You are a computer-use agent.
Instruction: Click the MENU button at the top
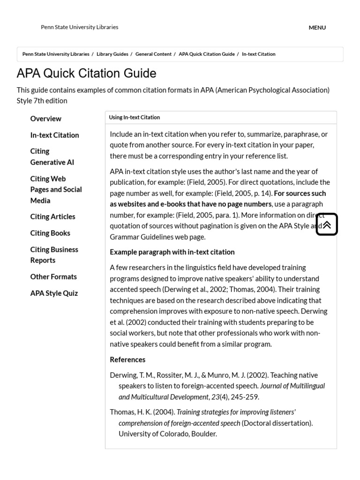pyautogui.click(x=317, y=28)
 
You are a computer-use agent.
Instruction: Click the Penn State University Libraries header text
pyautogui.click(x=79, y=27)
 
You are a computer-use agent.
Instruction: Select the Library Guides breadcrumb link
pyautogui.click(x=112, y=54)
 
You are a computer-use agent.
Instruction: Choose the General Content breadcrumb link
pyautogui.click(x=153, y=54)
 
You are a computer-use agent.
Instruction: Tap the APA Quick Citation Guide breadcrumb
pyautogui.click(x=206, y=54)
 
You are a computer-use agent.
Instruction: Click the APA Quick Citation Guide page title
pyautogui.click(x=86, y=74)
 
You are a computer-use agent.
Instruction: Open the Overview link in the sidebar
pyautogui.click(x=45, y=119)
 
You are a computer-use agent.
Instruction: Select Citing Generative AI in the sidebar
pyautogui.click(x=52, y=157)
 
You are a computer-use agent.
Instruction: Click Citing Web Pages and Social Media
pyautogui.click(x=56, y=190)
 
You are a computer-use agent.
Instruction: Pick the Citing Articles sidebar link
pyautogui.click(x=52, y=217)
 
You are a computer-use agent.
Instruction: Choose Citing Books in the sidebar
pyautogui.click(x=50, y=233)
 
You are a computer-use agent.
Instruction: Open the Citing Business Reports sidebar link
pyautogui.click(x=54, y=255)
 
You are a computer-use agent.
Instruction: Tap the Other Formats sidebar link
pyautogui.click(x=53, y=277)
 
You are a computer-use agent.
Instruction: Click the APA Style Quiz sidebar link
pyautogui.click(x=54, y=293)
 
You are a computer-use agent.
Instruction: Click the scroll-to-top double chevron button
pyautogui.click(x=327, y=225)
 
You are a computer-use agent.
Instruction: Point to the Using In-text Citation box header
pyautogui.click(x=135, y=118)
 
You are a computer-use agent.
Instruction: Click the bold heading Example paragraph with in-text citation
pyautogui.click(x=172, y=252)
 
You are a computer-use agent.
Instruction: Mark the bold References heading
pyautogui.click(x=127, y=360)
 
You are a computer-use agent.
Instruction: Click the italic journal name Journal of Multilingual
pyautogui.click(x=292, y=386)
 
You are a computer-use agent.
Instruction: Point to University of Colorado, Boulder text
pyautogui.click(x=168, y=434)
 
